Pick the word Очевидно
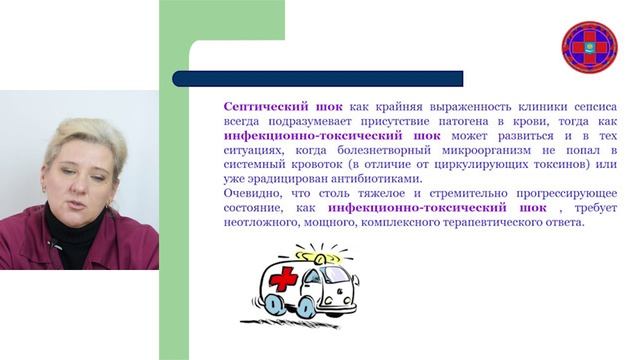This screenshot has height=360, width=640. tap(254, 192)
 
